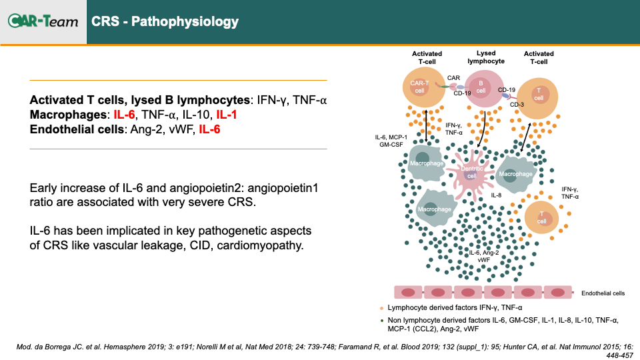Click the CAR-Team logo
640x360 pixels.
point(43,21)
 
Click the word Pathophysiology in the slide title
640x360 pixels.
point(185,21)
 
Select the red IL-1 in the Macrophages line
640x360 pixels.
point(227,115)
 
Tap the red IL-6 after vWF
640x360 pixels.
point(209,129)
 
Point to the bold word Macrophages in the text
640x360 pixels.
point(68,115)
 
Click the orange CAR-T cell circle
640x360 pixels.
point(423,87)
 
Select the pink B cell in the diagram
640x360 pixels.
point(484,88)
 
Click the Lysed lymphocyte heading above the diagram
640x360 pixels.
point(486,57)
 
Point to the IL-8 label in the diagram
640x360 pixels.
point(496,195)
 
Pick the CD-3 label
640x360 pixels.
point(517,105)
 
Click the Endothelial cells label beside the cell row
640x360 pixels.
point(603,293)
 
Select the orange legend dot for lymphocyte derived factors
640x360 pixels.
point(381,308)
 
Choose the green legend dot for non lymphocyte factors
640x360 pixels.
point(381,321)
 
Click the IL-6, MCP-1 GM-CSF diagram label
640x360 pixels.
point(391,141)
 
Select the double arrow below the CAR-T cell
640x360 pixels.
point(426,125)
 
